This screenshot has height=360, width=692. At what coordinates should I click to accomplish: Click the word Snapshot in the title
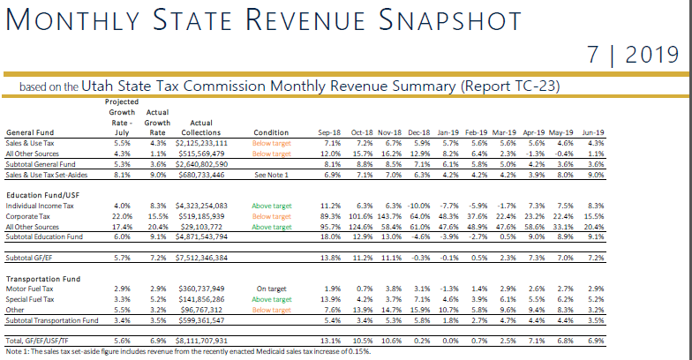pyautogui.click(x=450, y=20)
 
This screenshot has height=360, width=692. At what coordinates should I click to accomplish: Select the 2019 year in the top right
pyautogui.click(x=651, y=55)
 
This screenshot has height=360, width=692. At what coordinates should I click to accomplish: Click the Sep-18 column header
pyautogui.click(x=329, y=132)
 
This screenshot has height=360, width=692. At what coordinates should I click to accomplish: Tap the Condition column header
pyautogui.click(x=271, y=132)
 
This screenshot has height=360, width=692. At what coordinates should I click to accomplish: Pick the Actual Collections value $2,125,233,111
pyautogui.click(x=201, y=143)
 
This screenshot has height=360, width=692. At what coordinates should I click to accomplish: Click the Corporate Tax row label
pyautogui.click(x=28, y=216)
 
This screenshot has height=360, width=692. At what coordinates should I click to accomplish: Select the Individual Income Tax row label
pyautogui.click(x=40, y=206)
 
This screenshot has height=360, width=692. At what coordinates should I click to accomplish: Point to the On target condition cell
pyautogui.click(x=272, y=289)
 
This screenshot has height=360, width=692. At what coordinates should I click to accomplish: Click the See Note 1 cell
pyautogui.click(x=272, y=175)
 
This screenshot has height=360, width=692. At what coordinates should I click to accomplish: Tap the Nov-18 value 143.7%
pyautogui.click(x=389, y=216)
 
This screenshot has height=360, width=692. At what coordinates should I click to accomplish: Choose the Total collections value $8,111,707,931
pyautogui.click(x=201, y=341)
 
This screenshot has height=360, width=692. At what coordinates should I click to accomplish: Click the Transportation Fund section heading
pyautogui.click(x=43, y=279)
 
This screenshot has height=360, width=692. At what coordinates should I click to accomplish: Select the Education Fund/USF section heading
pyautogui.click(x=42, y=195)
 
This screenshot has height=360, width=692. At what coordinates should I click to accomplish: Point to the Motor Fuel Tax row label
pyautogui.click(x=29, y=289)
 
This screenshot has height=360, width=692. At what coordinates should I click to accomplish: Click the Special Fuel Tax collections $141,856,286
pyautogui.click(x=201, y=299)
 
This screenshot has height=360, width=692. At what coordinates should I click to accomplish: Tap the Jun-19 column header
pyautogui.click(x=593, y=132)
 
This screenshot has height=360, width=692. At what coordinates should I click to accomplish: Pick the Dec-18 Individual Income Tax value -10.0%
pyautogui.click(x=418, y=206)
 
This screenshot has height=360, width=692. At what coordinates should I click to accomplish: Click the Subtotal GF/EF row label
pyautogui.click(x=28, y=258)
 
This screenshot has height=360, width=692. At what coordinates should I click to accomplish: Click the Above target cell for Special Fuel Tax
pyautogui.click(x=272, y=299)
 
